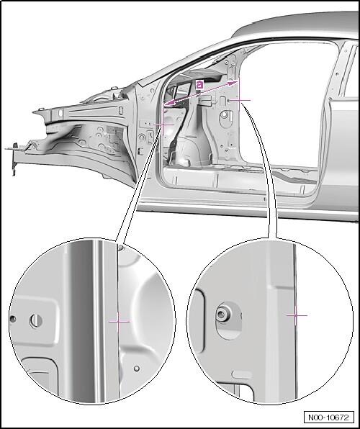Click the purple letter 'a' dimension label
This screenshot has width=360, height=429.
coord(200,85)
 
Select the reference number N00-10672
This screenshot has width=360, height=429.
coord(329,417)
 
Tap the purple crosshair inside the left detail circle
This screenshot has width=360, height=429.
coord(119,322)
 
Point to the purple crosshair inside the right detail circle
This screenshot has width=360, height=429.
coord(297,315)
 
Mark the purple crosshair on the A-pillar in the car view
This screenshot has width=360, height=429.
coord(163,125)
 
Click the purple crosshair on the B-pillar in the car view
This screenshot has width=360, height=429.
coord(240,100)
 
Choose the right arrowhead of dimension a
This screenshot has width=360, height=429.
coord(233,83)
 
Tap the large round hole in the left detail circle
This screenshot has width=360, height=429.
coord(36,320)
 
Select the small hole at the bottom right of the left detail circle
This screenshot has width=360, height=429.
coord(137,369)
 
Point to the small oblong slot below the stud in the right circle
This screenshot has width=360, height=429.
coord(241,374)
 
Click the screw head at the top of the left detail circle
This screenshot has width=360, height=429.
coord(121,248)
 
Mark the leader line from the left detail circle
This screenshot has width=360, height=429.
coord(138,185)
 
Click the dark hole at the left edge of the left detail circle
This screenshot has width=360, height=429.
coord(12,319)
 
